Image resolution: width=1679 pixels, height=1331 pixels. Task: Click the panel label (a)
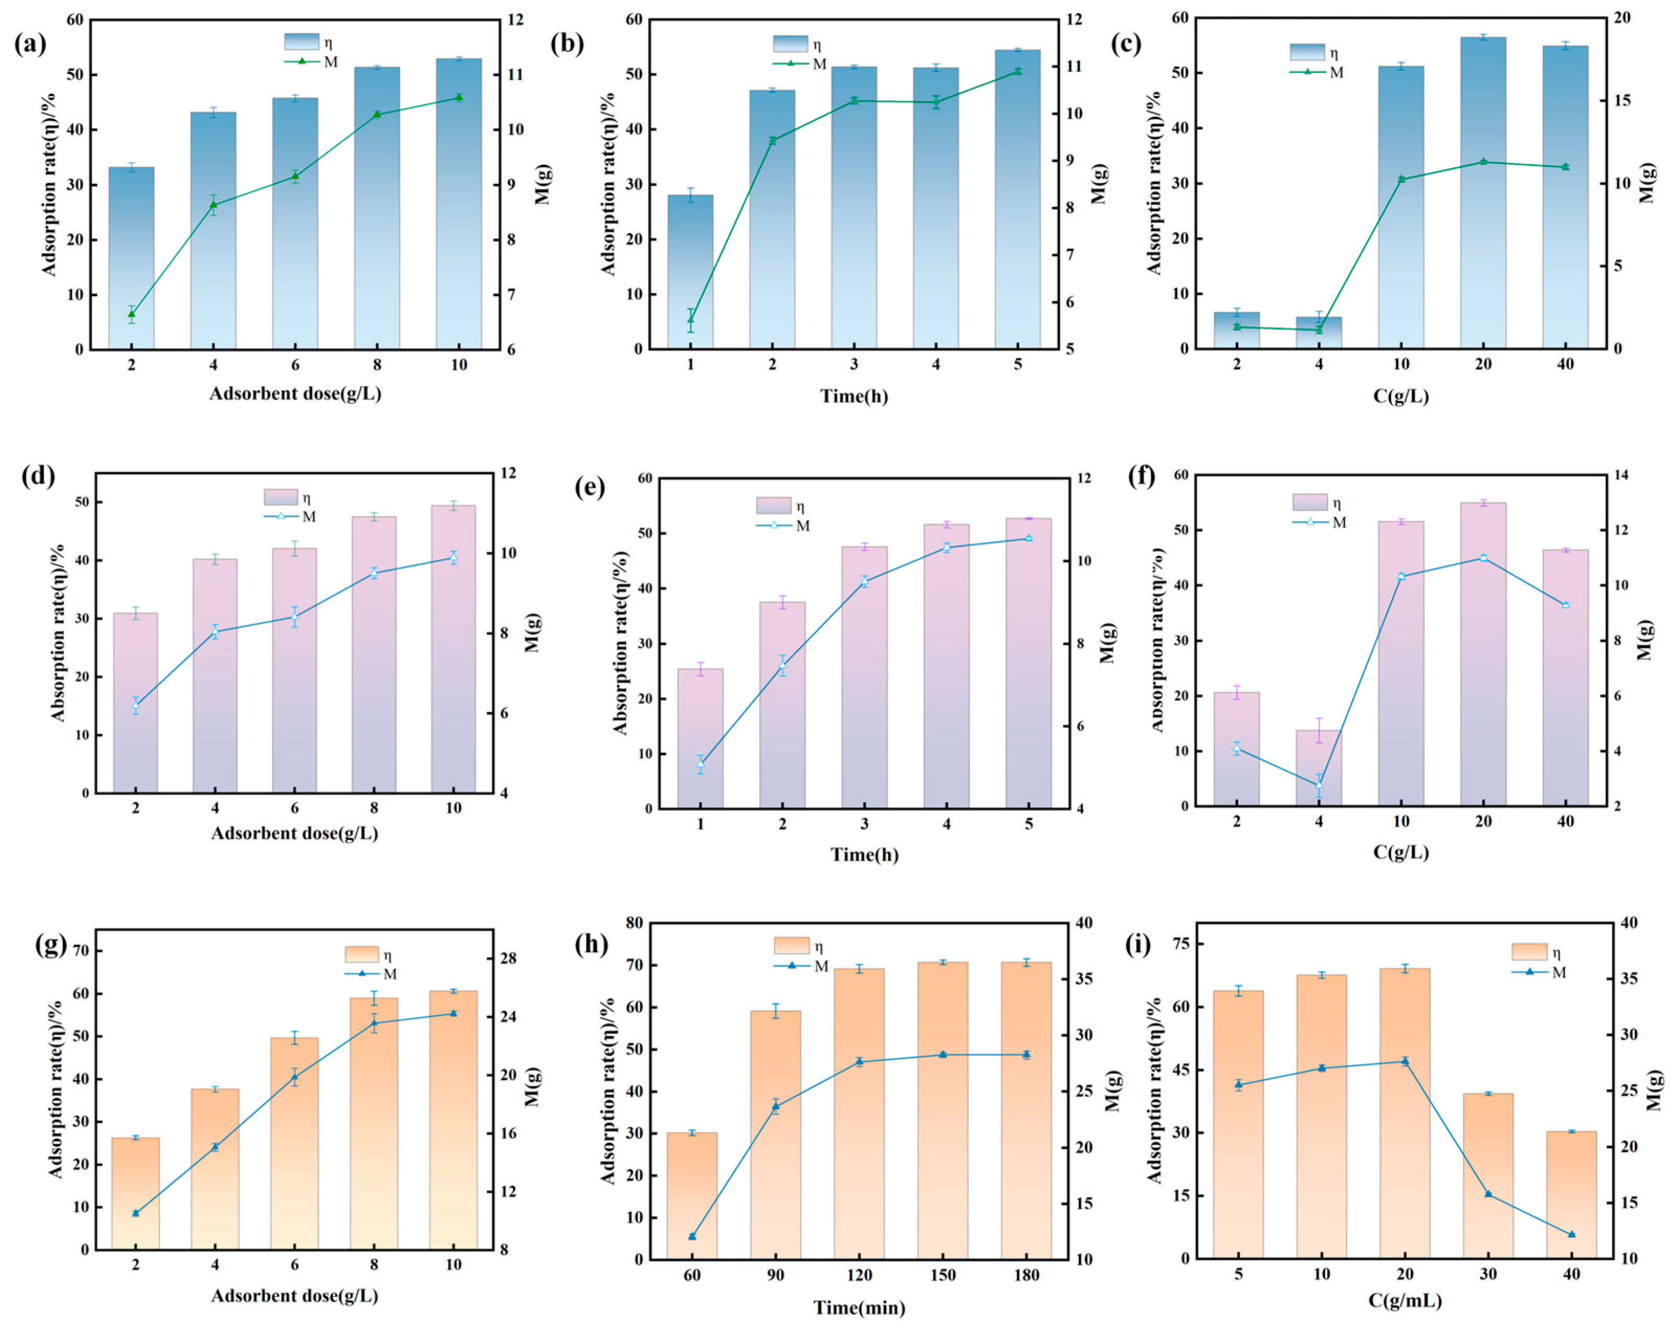30,43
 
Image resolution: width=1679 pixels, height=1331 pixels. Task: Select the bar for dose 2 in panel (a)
131,257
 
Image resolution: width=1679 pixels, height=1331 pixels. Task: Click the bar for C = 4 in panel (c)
1319,333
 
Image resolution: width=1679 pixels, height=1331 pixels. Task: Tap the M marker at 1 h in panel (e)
700,763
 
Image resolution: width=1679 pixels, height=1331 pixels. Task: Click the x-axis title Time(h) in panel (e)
865,854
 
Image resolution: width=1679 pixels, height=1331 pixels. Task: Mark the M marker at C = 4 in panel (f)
1319,784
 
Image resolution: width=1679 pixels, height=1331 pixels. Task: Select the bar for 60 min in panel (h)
691,1195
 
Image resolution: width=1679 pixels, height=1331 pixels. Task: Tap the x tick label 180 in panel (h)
1026,1275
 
